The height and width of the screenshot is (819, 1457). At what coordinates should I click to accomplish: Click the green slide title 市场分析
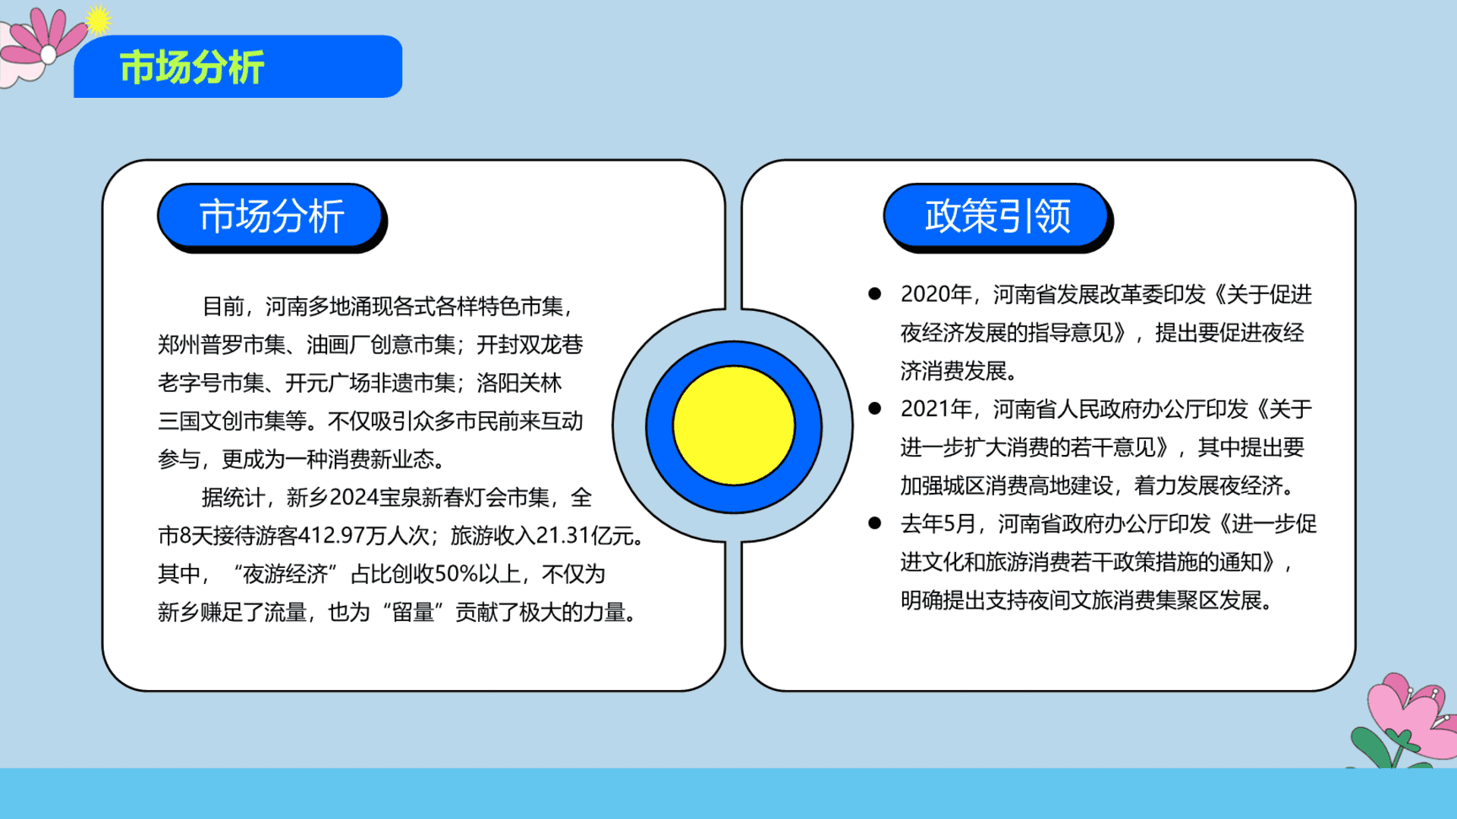pos(192,67)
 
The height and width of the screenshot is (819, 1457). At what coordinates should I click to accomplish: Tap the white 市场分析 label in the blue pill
pos(272,216)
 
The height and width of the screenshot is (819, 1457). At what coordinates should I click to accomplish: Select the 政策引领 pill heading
pos(997,216)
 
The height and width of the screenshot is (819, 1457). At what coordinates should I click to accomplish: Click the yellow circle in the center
pos(734,425)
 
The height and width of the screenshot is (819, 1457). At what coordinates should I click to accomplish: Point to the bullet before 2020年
pos(875,293)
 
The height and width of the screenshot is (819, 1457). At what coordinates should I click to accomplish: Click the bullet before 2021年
pos(875,408)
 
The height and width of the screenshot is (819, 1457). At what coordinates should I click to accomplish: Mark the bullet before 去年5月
pos(875,522)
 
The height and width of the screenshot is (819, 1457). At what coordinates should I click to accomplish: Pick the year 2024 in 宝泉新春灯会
pos(354,497)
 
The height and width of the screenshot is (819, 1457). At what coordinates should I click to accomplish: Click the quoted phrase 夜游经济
pos(285,574)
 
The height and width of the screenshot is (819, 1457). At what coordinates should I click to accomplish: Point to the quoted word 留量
pos(414,612)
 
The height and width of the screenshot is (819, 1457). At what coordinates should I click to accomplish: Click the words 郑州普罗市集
pos(222,345)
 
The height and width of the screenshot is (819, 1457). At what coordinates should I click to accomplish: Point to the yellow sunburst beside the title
pos(97,20)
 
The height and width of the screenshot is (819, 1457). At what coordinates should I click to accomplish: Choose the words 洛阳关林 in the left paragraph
pos(519,383)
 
